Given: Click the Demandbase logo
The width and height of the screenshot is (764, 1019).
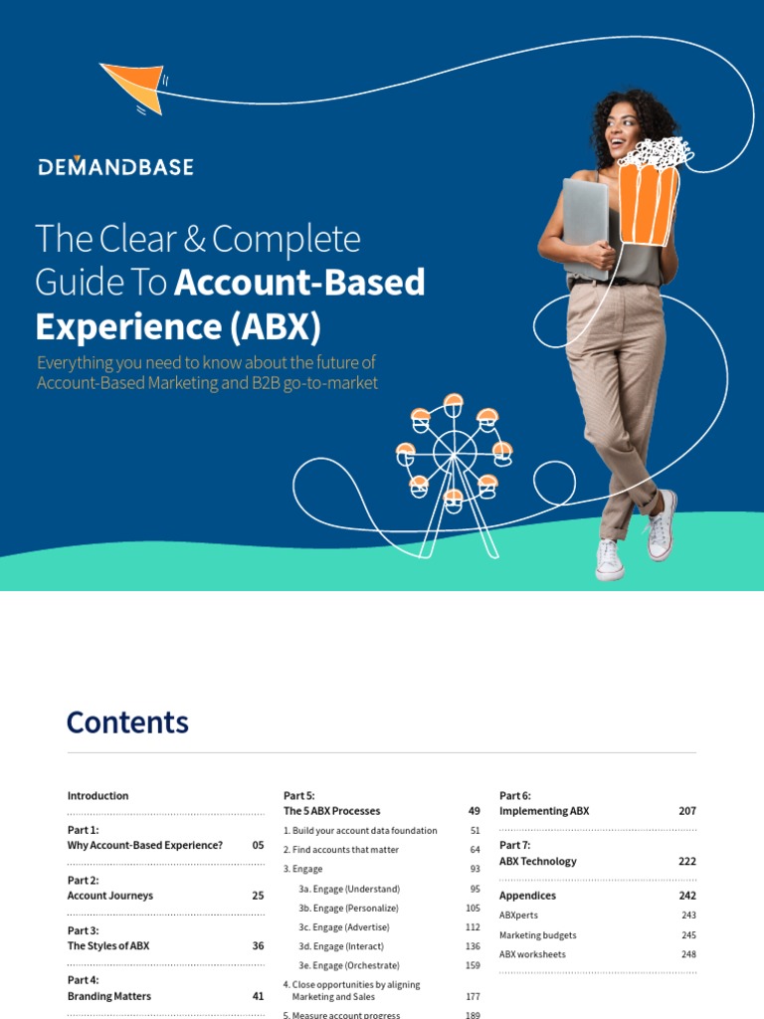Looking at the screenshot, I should pos(115,166).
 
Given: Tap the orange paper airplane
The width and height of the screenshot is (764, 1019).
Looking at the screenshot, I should pos(134,86).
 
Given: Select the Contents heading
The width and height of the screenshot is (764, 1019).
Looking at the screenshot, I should pos(127,722).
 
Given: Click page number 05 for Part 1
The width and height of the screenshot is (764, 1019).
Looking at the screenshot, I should pos(258,845).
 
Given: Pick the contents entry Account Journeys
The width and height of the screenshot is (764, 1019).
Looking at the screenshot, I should pos(110,896).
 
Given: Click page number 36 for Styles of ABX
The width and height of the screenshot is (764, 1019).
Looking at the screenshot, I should pos(258,945).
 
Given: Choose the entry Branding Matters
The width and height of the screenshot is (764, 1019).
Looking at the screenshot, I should pos(109,995).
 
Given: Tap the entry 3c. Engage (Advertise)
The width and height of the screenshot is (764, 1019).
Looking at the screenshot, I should pos(346,927).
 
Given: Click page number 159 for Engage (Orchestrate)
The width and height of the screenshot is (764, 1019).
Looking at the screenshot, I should pos(473,965).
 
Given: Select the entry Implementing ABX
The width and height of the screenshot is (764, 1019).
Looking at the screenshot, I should pos(544,811).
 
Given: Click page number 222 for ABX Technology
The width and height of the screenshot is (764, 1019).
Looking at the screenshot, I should pos(687,861).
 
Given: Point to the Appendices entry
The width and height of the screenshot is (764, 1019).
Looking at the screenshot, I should pos(527,896).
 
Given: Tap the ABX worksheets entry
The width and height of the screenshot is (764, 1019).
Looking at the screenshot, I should pos(532,954).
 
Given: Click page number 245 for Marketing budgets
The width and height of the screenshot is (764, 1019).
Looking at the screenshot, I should pos(688,935).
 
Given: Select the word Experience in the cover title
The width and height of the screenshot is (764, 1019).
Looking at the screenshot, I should pos(110,325).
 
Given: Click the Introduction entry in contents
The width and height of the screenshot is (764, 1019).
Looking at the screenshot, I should pos(97,796).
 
